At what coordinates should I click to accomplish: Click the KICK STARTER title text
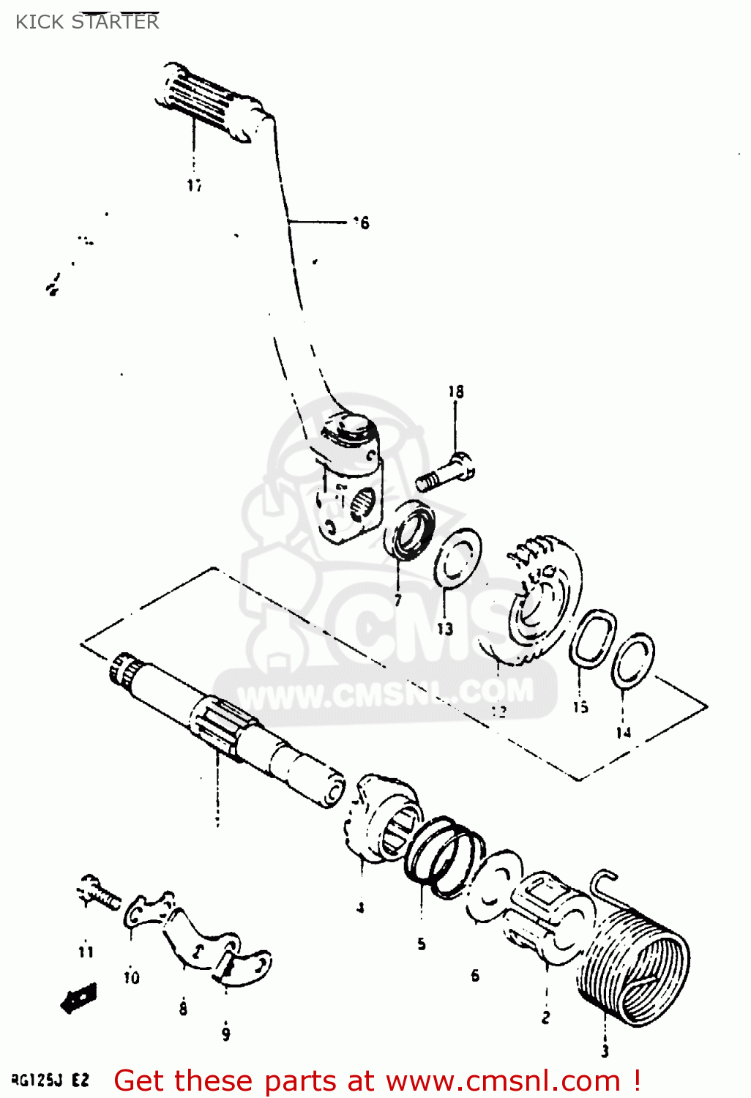pos(86,21)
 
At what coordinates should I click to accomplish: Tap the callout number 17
pos(194,185)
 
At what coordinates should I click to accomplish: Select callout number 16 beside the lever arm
pos(361,223)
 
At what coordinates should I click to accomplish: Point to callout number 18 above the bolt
pos(456,392)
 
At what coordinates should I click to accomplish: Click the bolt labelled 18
pos(446,473)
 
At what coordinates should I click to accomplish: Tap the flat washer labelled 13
pos(457,559)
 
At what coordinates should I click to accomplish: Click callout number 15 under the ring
pos(580,707)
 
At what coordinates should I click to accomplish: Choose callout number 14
pos(623,732)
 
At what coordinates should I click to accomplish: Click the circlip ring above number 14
pos(634,660)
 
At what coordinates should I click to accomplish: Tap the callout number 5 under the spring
pos(422,944)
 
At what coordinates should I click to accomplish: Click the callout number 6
pos(475,975)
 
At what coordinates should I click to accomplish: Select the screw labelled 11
pos(98,892)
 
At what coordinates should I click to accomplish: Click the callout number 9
pos(225,1034)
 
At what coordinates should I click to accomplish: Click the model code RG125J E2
pos(50,1080)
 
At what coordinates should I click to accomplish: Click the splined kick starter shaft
pos(227,725)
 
